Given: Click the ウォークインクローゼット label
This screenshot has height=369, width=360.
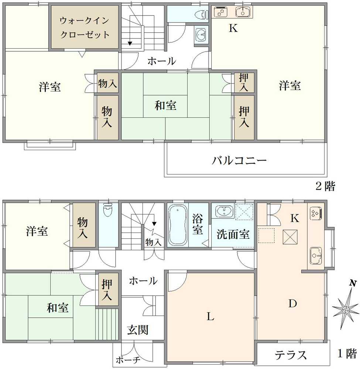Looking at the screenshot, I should point(85,28).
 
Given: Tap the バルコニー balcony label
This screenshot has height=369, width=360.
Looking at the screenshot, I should point(239,161).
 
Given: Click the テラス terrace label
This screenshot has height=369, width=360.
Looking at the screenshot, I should point(291,355).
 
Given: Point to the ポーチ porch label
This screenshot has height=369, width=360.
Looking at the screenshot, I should point(128,360).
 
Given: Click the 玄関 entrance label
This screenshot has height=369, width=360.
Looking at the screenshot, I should point(138,330).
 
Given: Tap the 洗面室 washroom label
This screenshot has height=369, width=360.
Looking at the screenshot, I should point(233,235).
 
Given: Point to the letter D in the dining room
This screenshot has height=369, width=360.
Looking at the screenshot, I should point(292,304).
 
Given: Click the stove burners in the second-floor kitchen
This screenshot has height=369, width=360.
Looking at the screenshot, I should point(222,12).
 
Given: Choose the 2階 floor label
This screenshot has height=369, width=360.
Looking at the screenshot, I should point(325,186).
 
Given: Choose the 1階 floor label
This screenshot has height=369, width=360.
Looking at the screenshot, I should point(347,354).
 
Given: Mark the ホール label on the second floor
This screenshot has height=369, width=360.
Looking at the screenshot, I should point(161,61).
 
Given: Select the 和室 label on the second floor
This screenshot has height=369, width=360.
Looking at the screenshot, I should point(165,106).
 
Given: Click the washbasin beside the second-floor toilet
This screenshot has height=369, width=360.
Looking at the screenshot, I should point(201,35).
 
